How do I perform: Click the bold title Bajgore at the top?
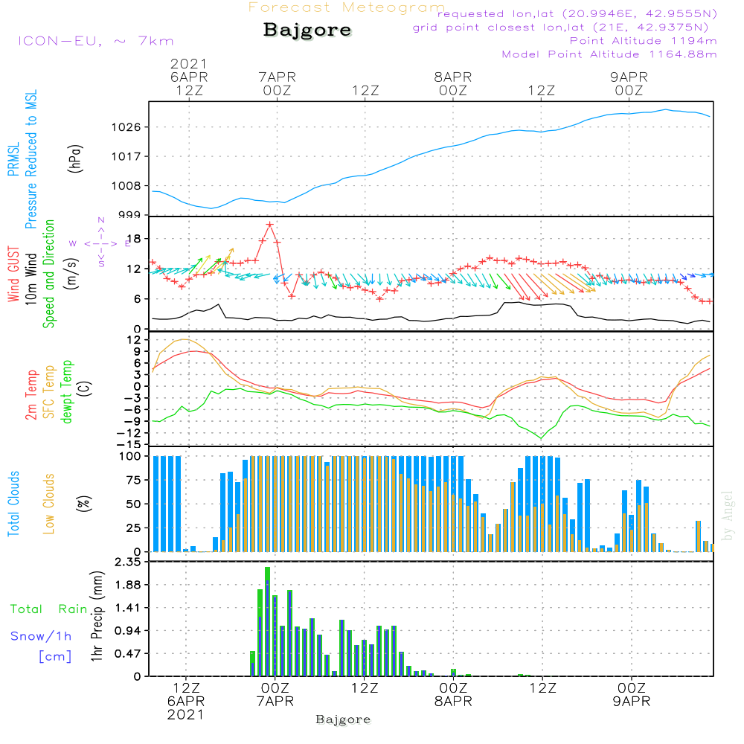307,31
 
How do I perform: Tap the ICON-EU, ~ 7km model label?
95,41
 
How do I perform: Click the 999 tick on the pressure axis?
130,215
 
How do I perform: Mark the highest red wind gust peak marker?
269,224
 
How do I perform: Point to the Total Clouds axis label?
13,504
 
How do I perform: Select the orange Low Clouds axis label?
49,504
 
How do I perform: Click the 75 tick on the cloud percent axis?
136,480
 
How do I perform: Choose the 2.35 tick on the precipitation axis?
128,562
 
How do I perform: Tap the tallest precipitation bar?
267,621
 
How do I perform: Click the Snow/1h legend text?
41,635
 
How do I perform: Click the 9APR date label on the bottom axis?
632,701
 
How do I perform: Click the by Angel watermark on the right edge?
728,516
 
